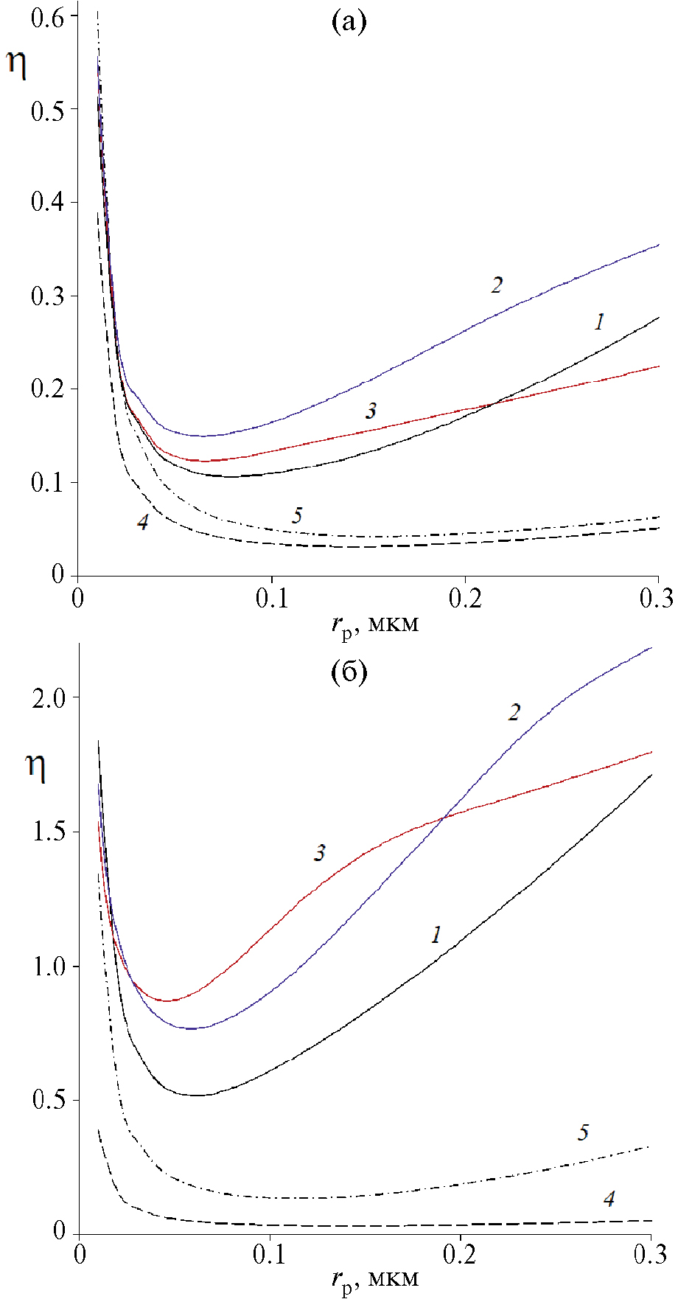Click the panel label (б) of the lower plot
coord(349,672)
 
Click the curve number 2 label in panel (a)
coord(497,285)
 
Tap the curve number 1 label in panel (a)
coord(599,321)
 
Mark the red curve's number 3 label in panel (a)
coord(371,411)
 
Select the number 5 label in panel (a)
coord(297,515)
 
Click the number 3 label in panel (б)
coord(319,854)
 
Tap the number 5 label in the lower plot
coord(583,1132)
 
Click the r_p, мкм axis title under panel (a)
coord(375,625)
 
